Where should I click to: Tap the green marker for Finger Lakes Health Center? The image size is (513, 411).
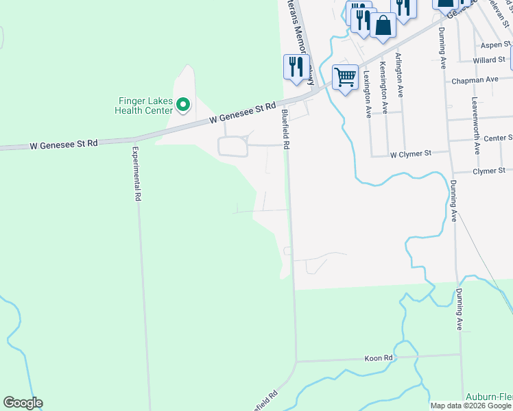tap(182, 105)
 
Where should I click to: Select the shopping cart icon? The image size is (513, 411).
tap(346, 76)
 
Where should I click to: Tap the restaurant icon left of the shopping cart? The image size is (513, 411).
tap(296, 66)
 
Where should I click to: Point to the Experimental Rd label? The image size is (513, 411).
tap(136, 173)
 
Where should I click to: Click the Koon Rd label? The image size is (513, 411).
tap(378, 358)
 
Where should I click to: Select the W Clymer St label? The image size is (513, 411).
tap(409, 154)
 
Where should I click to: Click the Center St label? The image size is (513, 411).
tap(498, 138)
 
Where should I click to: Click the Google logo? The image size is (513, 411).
tap(23, 403)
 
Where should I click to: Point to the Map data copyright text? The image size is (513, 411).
tap(470, 406)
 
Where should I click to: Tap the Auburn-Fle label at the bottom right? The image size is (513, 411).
tap(489, 397)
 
